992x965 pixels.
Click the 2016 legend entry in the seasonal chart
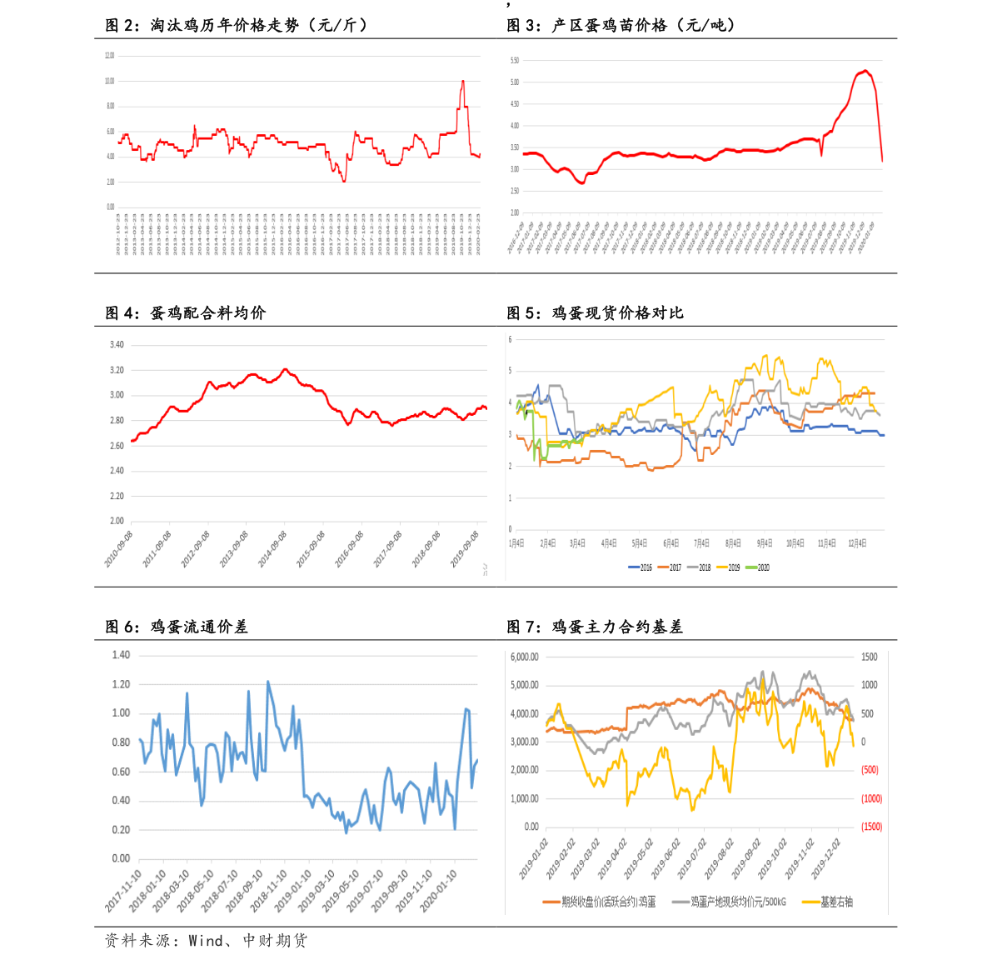[641, 567]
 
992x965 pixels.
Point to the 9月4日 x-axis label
[765, 543]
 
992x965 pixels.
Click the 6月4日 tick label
[671, 543]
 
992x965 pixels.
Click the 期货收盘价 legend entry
[600, 902]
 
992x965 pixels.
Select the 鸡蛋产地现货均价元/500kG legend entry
[730, 902]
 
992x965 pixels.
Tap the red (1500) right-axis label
[871, 827]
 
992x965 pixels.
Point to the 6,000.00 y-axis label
[525, 657]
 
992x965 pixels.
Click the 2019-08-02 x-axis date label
[718, 859]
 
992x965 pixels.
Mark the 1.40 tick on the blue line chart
[121, 655]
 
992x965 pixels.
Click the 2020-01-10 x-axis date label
[439, 891]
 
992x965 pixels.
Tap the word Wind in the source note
[206, 941]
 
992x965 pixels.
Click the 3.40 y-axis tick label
[117, 345]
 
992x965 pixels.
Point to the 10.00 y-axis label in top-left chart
[110, 81]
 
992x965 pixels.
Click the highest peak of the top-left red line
[463, 81]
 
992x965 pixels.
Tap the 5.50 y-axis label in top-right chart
[514, 61]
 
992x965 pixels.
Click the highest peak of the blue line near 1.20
[267, 682]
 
